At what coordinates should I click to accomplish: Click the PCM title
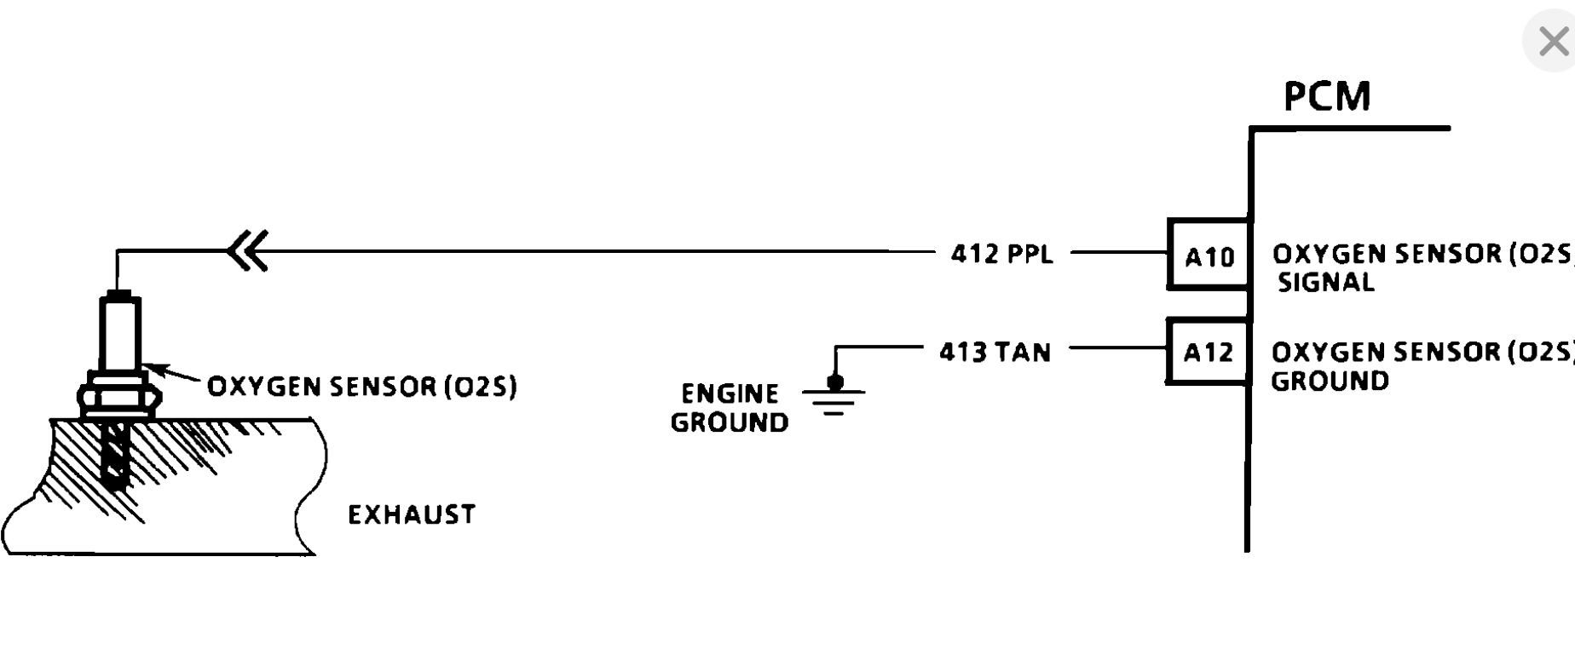1327,96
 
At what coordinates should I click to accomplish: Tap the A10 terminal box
1209,255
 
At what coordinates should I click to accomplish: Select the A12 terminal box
1208,352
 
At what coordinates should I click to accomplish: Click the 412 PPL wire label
1001,254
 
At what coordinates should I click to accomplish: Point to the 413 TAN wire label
995,352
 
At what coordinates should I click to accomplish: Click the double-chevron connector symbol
249,251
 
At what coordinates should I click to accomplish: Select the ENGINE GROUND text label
730,408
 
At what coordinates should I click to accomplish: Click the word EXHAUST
412,514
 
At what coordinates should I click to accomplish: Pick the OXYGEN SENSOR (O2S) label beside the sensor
362,387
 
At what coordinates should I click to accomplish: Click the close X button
1552,41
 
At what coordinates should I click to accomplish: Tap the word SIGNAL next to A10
1325,282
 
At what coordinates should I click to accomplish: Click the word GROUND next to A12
1330,381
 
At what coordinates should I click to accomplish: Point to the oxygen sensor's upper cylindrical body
119,332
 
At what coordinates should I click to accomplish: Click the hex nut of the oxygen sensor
119,397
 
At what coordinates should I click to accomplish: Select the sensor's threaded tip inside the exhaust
115,456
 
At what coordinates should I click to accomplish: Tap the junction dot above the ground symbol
835,382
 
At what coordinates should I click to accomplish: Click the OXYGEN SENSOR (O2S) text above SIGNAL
1422,254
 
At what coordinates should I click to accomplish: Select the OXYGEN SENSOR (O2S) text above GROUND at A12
1422,352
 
